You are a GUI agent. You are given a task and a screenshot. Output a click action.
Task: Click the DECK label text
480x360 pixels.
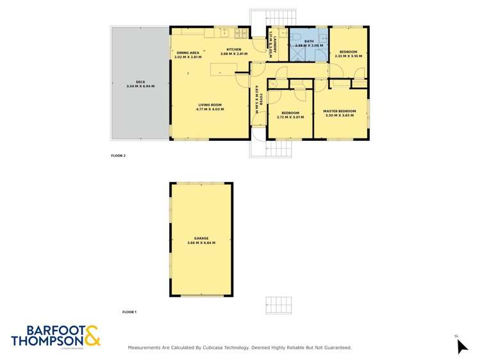click(x=133, y=81)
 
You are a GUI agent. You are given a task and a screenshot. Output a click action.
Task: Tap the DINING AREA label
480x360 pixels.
click(x=188, y=52)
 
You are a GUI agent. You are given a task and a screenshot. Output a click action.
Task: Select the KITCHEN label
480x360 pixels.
click(x=233, y=49)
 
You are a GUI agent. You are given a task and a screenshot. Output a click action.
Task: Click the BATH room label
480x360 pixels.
click(x=308, y=40)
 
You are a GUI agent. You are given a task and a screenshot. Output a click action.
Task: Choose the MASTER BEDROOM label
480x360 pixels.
click(x=340, y=111)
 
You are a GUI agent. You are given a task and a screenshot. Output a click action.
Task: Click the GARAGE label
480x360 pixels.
click(x=201, y=238)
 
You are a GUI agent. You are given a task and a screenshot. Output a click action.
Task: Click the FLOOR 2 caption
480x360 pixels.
click(x=118, y=156)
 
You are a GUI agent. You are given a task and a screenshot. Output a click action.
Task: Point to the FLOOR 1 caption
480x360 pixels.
click(x=129, y=312)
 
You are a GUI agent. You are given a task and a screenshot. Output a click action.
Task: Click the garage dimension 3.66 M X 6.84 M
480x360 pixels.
click(x=201, y=243)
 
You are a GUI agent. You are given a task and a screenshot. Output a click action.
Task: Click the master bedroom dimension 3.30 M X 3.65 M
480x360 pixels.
click(x=340, y=115)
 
